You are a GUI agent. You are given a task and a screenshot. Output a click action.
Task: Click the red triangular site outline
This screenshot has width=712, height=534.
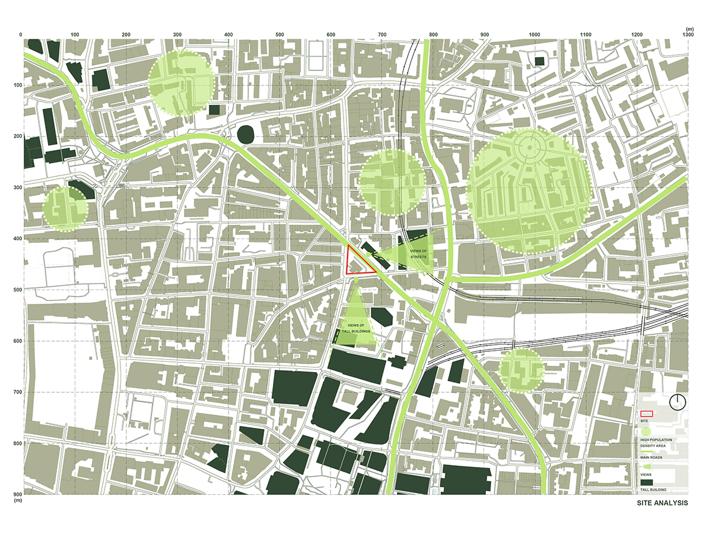tap(358, 263)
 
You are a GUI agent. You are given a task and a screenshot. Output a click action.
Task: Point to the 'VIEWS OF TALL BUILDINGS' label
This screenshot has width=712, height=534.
tap(356, 328)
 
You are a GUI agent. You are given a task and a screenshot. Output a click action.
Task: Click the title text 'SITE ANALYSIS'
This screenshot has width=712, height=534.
tap(662, 503)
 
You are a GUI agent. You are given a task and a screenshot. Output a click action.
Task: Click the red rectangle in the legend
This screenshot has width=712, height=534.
tap(646, 414)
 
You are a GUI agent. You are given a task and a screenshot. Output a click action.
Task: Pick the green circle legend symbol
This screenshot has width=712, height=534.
tap(646, 431)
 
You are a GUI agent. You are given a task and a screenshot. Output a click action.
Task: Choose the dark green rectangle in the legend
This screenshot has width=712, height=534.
tap(646, 482)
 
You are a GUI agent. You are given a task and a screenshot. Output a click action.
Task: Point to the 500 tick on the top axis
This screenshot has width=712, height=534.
tap(279, 36)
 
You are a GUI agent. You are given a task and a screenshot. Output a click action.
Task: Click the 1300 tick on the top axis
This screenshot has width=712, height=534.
tap(688, 36)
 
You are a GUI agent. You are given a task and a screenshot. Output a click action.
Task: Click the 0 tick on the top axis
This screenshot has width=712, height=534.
tap(21, 36)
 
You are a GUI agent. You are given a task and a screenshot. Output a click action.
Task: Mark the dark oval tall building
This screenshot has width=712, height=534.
tap(245, 134)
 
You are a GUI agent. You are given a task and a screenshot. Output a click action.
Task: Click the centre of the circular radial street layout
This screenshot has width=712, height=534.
tap(527, 146)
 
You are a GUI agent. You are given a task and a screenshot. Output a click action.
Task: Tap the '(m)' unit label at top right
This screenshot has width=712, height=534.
tap(689, 28)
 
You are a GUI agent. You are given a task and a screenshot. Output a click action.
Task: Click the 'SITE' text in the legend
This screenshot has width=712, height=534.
tap(644, 421)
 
